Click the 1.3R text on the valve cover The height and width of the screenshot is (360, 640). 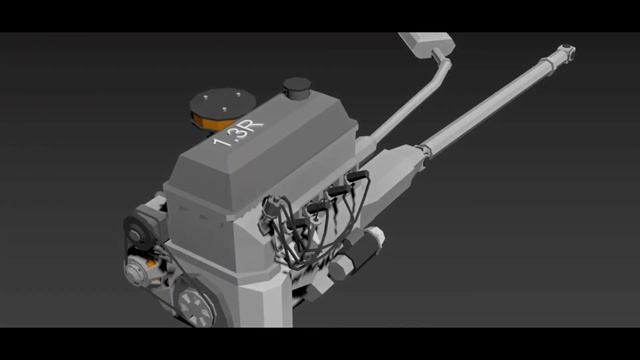point(238,132)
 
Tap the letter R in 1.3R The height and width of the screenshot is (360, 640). point(253,126)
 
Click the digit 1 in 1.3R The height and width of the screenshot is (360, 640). point(218,142)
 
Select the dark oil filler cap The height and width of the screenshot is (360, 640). point(297,87)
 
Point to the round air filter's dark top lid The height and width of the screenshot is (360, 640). point(223,102)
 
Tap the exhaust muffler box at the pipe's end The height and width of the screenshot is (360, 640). point(427,43)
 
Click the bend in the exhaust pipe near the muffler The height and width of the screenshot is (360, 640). point(442,65)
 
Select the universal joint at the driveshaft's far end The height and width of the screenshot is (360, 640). point(567,52)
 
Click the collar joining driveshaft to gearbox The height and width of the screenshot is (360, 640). point(424,150)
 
